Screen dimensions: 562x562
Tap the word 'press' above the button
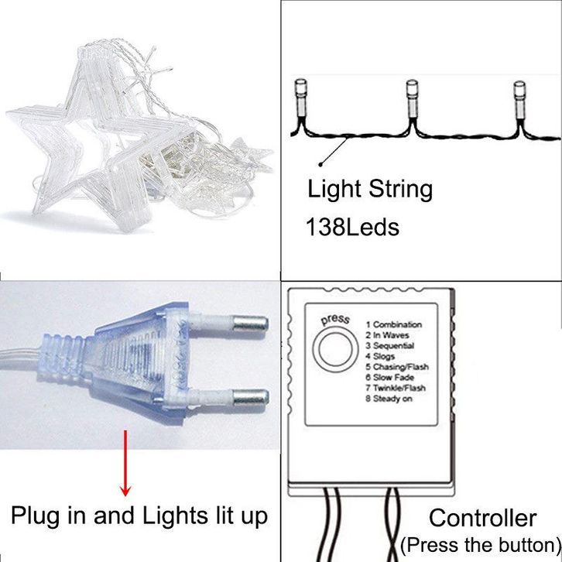[x=335, y=319]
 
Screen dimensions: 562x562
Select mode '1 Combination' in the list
[x=394, y=324]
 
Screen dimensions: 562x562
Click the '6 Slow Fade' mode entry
[x=392, y=377]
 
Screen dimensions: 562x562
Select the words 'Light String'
[x=370, y=189]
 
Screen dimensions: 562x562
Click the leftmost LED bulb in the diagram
[x=300, y=97]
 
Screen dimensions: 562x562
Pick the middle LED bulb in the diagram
[x=413, y=95]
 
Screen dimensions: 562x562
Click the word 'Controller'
[x=482, y=518]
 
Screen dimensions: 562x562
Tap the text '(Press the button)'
[x=481, y=543]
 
